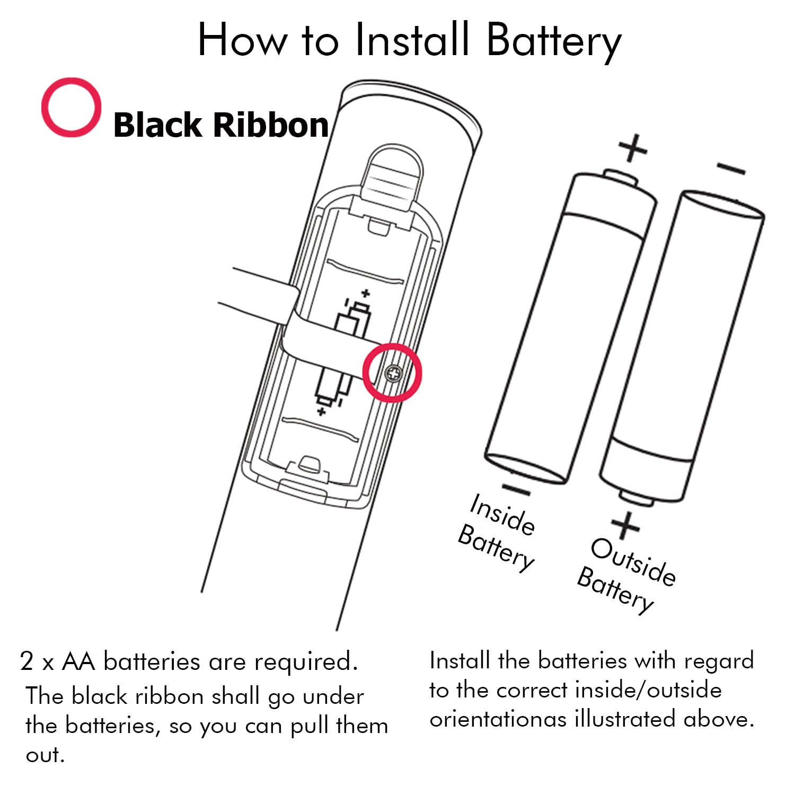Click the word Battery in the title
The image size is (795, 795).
[553, 41]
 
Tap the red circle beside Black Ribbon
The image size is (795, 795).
[71, 108]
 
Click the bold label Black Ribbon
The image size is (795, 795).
[220, 125]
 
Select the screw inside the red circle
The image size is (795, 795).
[393, 374]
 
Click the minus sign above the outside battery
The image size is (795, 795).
[731, 169]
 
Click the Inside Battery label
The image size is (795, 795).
[498, 533]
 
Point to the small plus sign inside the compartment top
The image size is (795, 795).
[365, 293]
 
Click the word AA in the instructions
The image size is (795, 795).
[78, 661]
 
